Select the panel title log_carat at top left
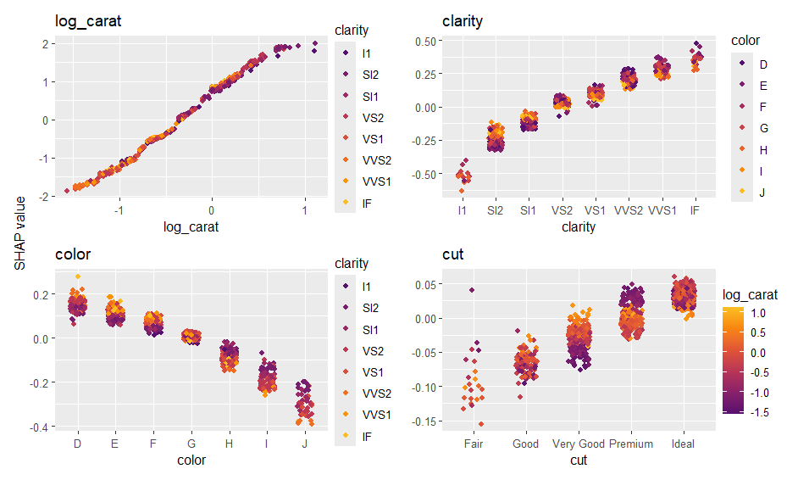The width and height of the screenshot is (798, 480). click(x=88, y=21)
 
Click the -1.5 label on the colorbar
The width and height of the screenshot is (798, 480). click(x=760, y=411)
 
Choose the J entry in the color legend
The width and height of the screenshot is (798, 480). click(x=762, y=192)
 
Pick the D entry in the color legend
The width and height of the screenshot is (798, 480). click(x=762, y=64)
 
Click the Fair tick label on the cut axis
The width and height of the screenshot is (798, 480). click(x=474, y=444)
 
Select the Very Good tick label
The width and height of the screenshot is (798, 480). click(x=579, y=444)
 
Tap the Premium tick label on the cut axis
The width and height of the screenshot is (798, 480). click(x=631, y=444)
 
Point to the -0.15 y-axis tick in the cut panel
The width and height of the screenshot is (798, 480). click(x=422, y=421)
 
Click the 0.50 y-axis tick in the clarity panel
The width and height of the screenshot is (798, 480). click(x=424, y=41)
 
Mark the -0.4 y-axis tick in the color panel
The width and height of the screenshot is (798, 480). click(x=39, y=427)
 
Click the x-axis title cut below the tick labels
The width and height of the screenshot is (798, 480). click(x=579, y=460)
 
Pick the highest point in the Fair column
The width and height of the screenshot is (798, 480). click(x=471, y=290)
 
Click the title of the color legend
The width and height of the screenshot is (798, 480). click(x=746, y=40)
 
